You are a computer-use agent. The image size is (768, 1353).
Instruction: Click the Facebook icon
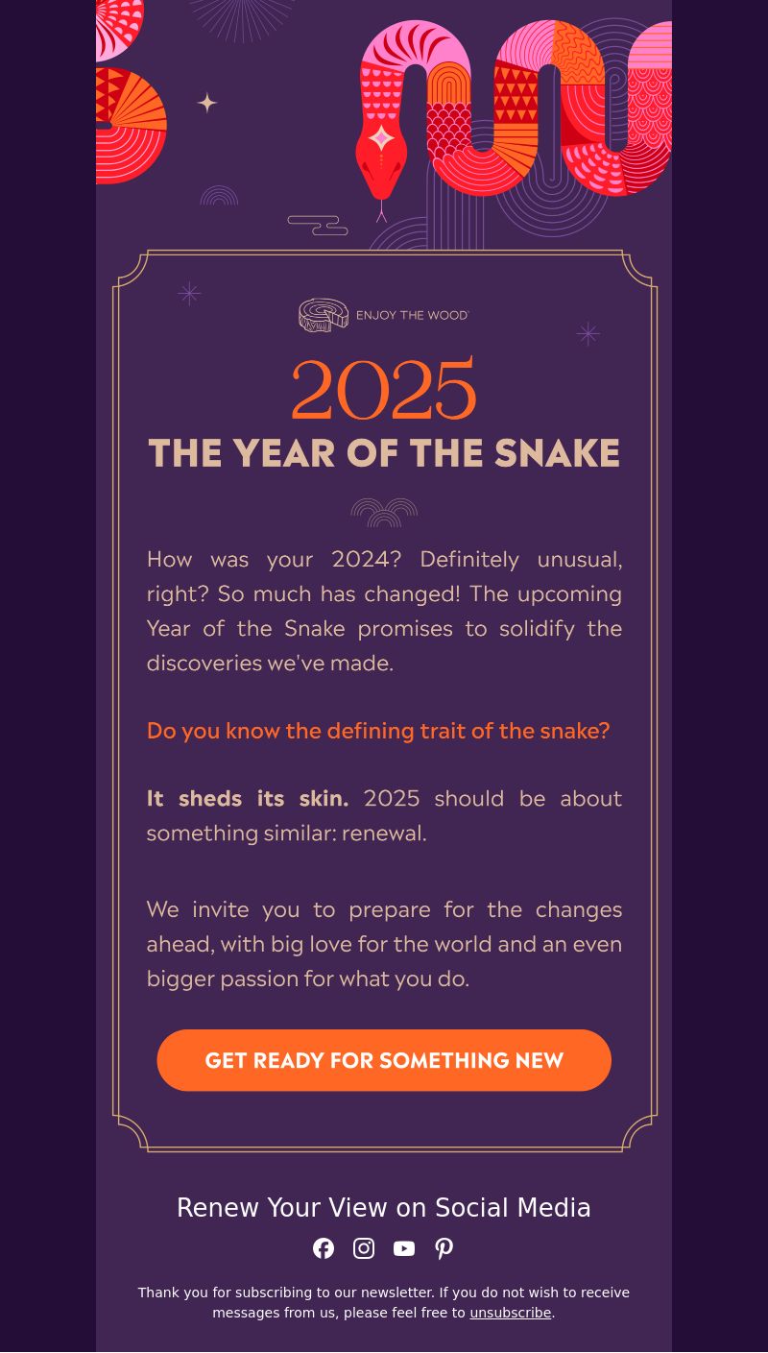pos(323,1248)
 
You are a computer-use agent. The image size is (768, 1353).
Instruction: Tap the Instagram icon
pos(364,1248)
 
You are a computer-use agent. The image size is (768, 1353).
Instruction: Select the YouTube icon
pos(404,1248)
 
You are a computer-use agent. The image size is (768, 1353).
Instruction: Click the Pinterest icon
pos(444,1248)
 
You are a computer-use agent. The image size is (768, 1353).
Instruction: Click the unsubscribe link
pos(510,1313)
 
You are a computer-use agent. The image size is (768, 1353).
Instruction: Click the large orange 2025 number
pos(384,388)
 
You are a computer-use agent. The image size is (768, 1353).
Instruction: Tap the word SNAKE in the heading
pos(557,452)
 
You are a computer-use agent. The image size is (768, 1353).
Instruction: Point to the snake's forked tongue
pos(381,211)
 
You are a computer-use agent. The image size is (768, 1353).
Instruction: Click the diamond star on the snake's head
pos(381,138)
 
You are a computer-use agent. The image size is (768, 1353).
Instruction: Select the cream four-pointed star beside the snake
pos(207,103)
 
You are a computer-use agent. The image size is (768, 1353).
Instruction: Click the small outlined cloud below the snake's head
pos(318,226)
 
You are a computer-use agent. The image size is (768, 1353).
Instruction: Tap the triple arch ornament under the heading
pos(384,513)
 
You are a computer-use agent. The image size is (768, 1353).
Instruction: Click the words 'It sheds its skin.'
pos(248,799)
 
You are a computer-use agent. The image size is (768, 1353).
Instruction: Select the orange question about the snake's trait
pos(378,731)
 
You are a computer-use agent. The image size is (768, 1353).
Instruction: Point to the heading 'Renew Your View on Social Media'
pos(384,1207)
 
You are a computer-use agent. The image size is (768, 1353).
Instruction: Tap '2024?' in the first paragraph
pos(367,559)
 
